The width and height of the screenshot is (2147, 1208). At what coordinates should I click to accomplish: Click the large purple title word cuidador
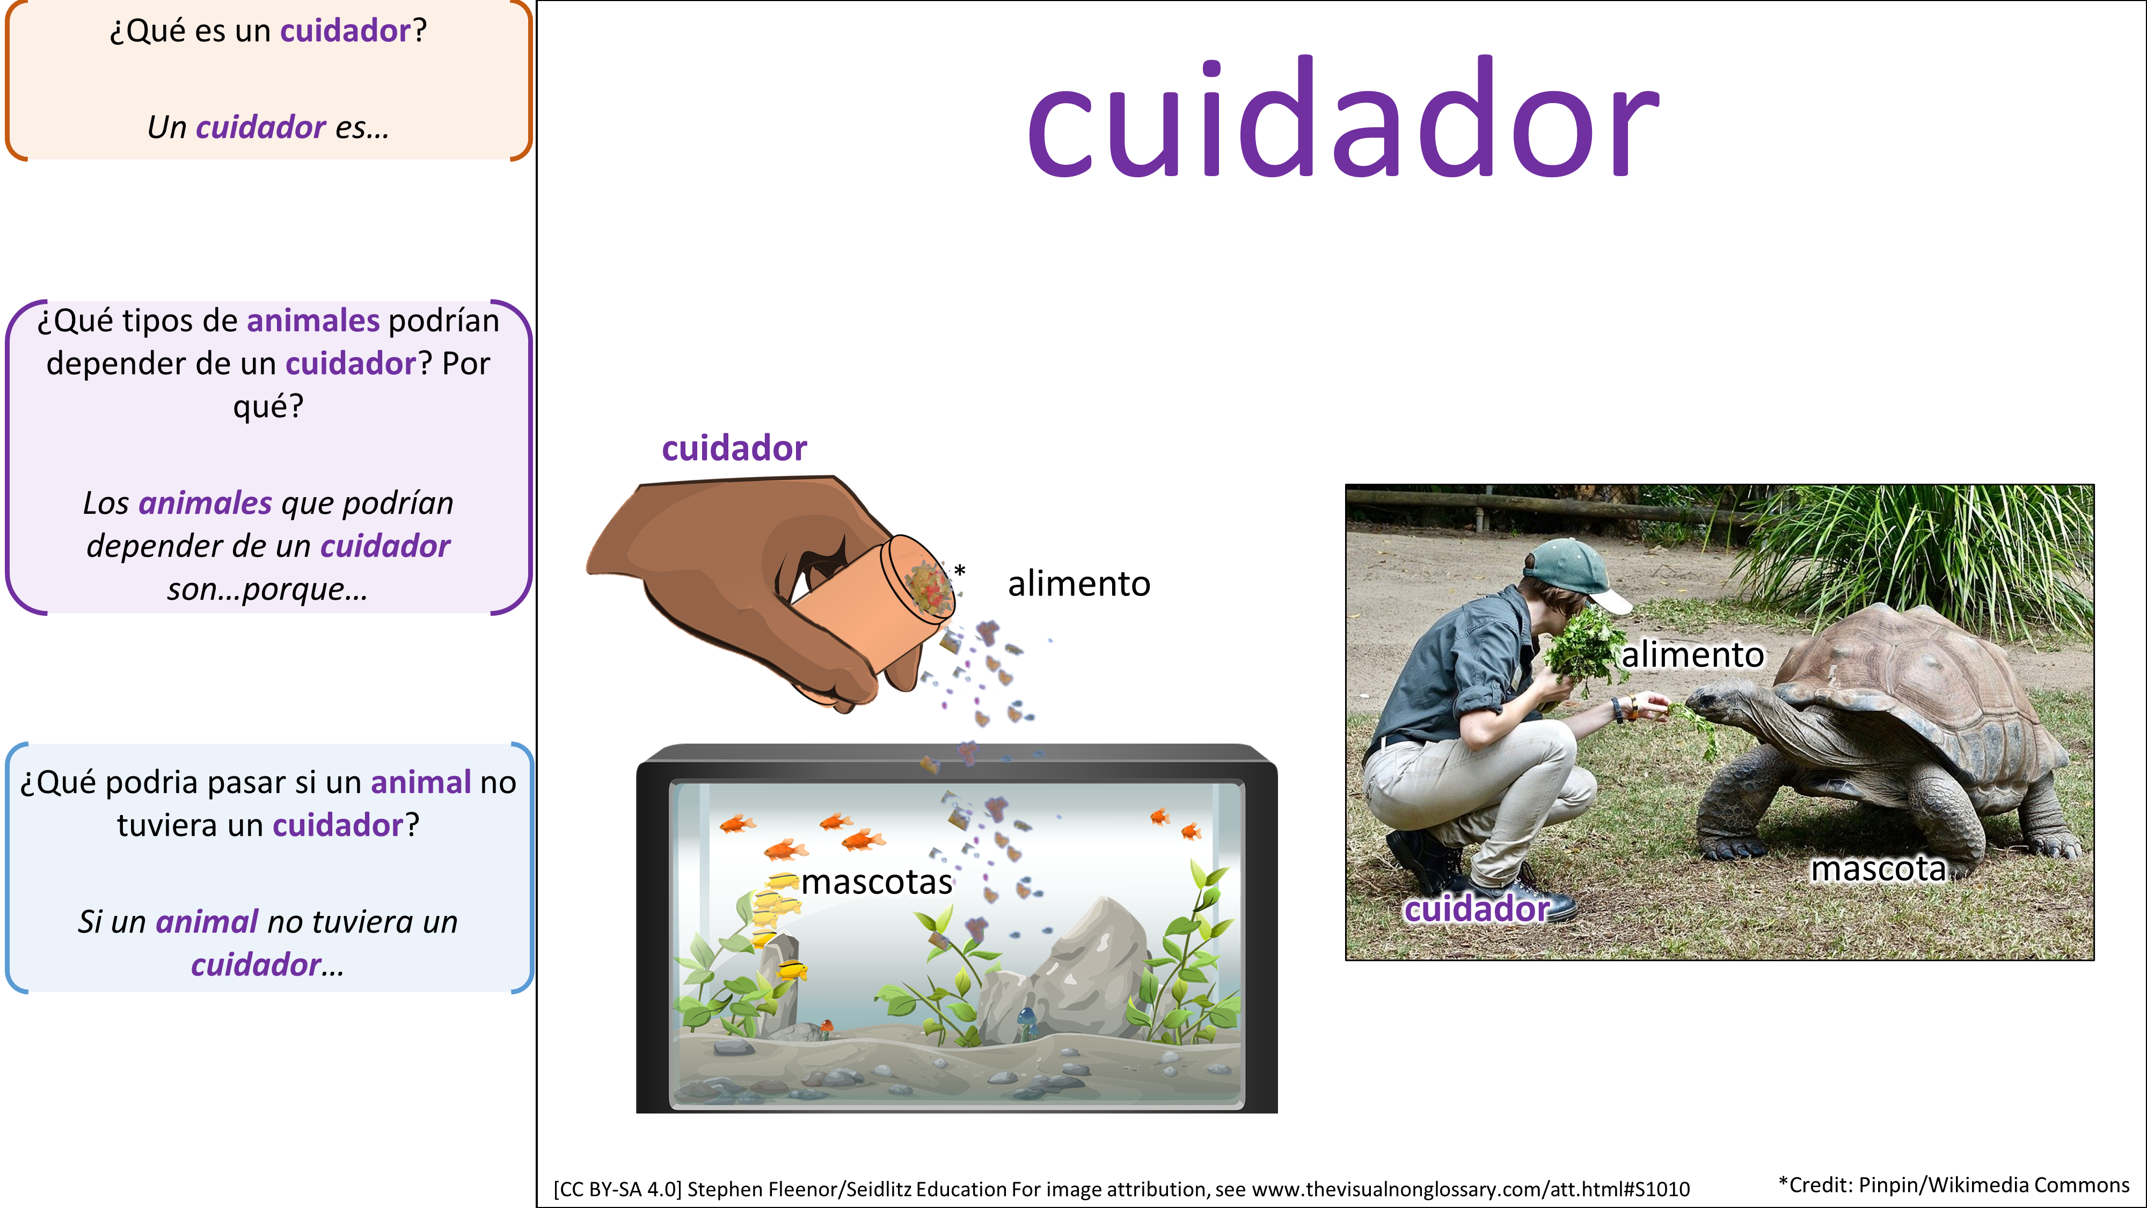[1343, 117]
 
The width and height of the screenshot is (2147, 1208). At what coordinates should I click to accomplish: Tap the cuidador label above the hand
[734, 448]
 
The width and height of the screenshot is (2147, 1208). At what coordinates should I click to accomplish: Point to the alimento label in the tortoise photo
[1693, 654]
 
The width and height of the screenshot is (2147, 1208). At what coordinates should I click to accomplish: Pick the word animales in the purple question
[313, 321]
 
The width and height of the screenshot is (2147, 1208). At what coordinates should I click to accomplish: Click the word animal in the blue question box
[421, 783]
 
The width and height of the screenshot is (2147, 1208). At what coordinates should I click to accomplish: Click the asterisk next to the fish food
[960, 570]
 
